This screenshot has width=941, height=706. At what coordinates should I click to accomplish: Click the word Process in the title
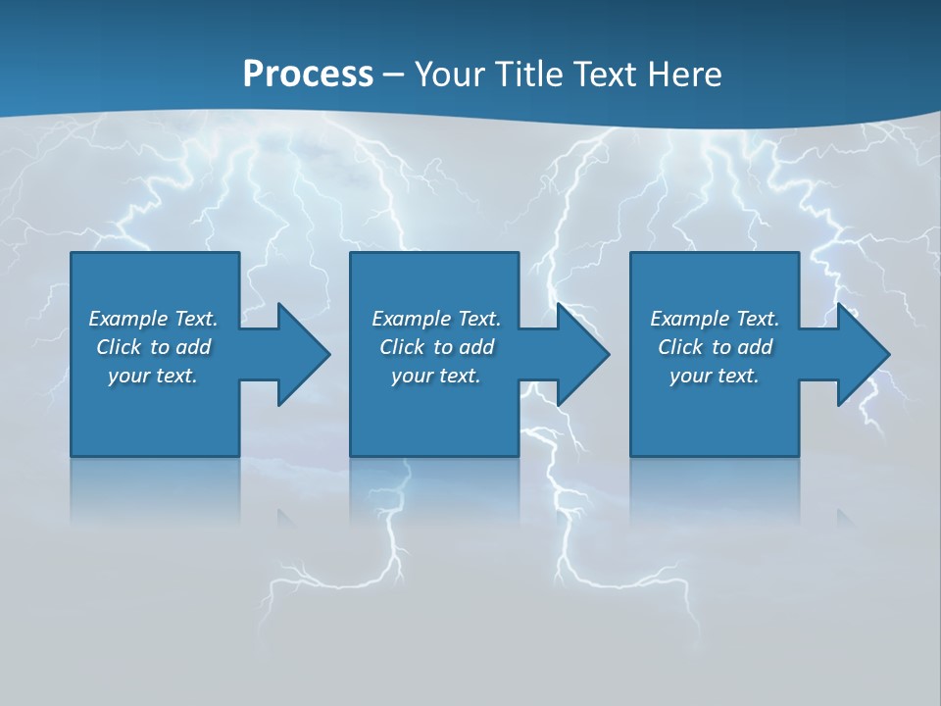(308, 74)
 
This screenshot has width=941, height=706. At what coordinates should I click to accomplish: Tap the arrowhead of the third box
(863, 354)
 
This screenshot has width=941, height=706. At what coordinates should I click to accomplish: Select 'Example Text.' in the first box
(153, 319)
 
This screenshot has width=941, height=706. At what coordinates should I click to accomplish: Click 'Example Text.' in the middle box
(436, 319)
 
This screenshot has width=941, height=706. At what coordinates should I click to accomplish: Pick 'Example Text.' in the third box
(715, 319)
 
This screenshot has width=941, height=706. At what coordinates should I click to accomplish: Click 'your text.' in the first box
(153, 376)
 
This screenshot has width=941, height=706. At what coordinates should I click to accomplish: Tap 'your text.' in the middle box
(436, 376)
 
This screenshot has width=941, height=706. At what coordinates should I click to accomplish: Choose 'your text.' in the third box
(715, 376)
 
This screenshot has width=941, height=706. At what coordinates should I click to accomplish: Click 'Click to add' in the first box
(153, 347)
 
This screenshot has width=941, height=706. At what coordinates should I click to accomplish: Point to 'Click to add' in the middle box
(436, 347)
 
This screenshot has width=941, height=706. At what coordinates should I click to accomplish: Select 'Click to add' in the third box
(715, 347)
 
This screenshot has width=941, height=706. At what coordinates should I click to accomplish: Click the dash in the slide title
(393, 75)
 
